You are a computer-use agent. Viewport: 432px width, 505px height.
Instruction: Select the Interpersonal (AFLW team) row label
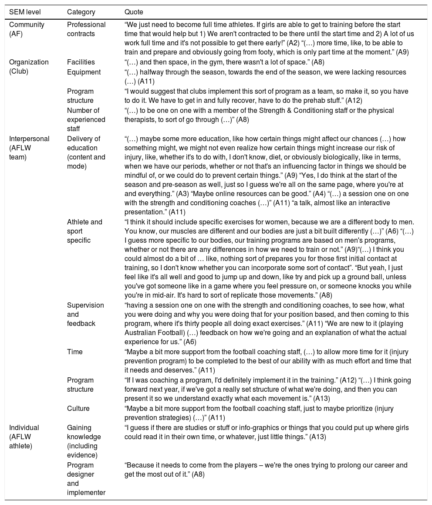pyautogui.click(x=29, y=147)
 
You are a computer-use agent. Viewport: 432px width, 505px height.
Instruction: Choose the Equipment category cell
pyautogui.click(x=84, y=71)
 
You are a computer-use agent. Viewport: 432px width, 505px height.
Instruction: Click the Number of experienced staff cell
pyautogui.click(x=86, y=119)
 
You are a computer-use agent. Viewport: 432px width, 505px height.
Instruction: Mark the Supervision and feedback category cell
pyautogui.click(x=85, y=314)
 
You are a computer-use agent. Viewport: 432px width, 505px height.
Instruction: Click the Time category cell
pyautogui.click(x=74, y=351)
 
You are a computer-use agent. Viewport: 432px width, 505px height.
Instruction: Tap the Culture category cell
pyautogui.click(x=78, y=408)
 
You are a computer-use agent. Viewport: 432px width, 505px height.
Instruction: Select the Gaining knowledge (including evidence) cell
pyautogui.click(x=84, y=441)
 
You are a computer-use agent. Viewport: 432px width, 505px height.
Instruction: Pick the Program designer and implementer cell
pyautogui.click(x=86, y=478)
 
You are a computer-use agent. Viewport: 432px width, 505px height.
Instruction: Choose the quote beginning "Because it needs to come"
pyautogui.click(x=266, y=469)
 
